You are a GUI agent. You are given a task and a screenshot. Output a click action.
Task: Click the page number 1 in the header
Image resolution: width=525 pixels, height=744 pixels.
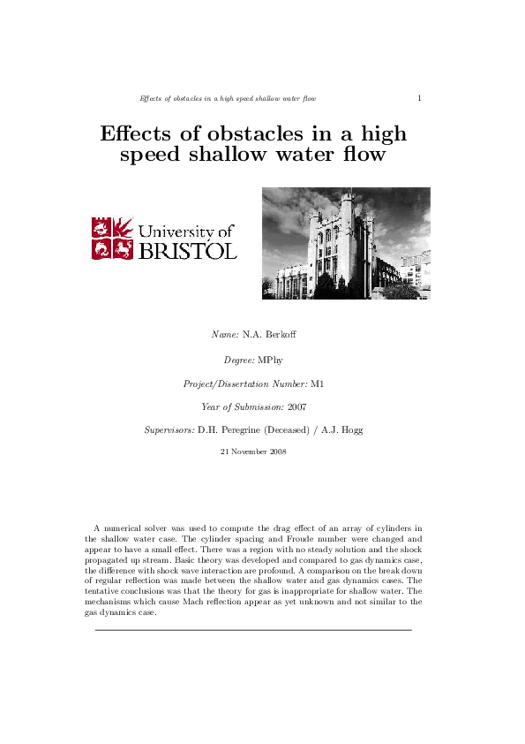tap(419, 98)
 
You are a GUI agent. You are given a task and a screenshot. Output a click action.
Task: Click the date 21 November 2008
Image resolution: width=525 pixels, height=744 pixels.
tap(252, 452)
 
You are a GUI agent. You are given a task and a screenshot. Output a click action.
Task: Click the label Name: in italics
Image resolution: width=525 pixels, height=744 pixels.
tap(226, 335)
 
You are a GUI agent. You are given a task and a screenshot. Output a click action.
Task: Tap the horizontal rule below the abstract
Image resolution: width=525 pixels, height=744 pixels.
tap(253, 629)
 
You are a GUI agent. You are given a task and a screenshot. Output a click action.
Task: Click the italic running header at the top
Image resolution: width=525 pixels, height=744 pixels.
tap(228, 98)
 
